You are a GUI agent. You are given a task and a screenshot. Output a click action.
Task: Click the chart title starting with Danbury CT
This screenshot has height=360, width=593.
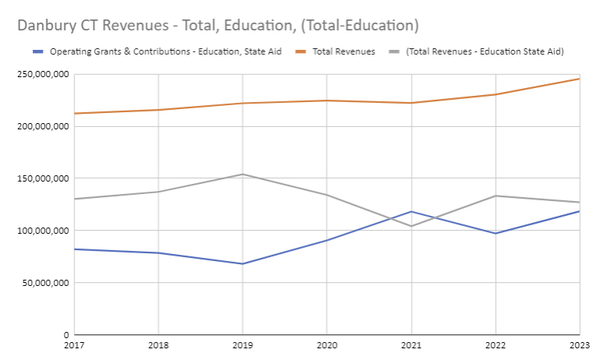[218, 25]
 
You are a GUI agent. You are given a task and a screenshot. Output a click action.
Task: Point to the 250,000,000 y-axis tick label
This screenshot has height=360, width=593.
[41, 75]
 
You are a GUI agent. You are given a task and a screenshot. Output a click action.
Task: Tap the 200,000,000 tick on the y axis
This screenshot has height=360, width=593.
[41, 126]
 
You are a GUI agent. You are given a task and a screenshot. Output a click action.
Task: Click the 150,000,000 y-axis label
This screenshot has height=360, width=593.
[41, 178]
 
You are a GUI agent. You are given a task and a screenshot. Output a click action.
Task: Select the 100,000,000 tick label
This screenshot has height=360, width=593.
[41, 231]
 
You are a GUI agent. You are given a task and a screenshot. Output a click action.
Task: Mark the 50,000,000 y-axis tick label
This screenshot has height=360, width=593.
[44, 282]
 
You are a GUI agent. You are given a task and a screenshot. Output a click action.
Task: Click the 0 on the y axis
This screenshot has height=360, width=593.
[65, 334]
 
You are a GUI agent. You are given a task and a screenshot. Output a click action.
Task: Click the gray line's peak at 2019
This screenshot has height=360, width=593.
[242, 174]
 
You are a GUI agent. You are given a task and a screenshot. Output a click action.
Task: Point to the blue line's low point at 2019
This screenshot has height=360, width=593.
[242, 263]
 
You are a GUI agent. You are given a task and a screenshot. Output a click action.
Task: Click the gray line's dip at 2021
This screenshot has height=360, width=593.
[411, 226]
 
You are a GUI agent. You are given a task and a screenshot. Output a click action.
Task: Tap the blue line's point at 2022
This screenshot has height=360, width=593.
[495, 233]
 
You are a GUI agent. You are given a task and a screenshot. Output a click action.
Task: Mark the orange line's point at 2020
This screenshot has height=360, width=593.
[327, 101]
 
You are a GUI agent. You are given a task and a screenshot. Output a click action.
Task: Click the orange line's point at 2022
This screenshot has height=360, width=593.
[495, 94]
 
